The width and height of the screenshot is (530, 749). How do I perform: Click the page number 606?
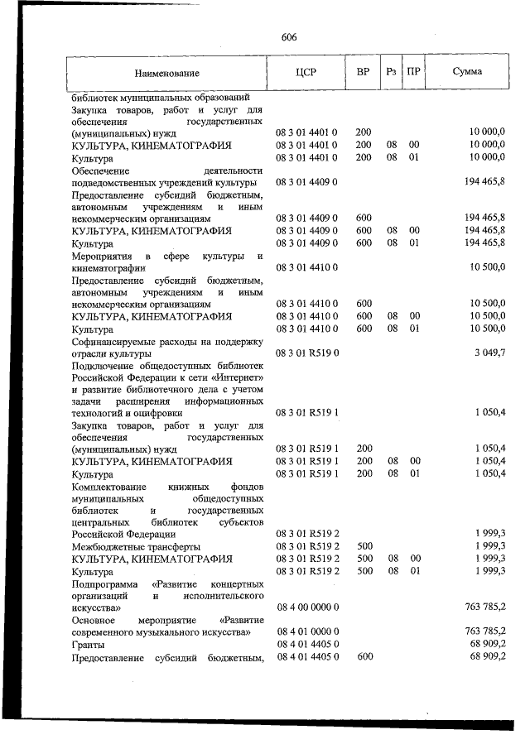289,37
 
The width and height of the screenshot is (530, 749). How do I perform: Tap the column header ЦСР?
306,72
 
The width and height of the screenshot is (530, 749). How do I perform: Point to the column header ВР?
363,72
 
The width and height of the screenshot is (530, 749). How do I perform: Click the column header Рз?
391,72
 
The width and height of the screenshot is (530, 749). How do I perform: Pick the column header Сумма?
467,72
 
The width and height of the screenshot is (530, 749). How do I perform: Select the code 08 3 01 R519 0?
306,353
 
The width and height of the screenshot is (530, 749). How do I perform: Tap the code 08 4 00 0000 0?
306,607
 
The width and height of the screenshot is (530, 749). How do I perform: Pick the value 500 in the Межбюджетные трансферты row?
363,547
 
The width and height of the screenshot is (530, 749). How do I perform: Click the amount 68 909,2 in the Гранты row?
486,645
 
